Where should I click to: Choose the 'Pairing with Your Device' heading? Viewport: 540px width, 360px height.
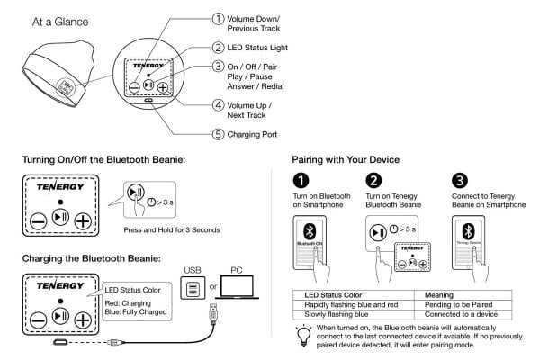pyautogui.click(x=347, y=160)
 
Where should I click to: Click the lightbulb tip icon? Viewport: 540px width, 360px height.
pyautogui.click(x=300, y=335)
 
